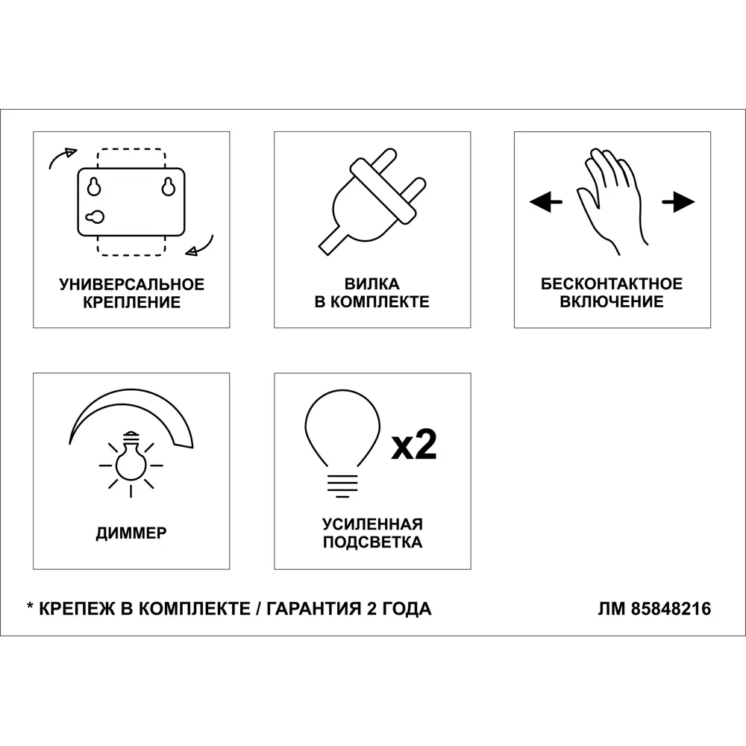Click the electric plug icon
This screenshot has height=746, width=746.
[372, 201]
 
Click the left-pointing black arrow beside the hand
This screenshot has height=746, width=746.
[546, 201]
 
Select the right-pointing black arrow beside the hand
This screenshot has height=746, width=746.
[678, 201]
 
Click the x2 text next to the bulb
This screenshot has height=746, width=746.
[414, 445]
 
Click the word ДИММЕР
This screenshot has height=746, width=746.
[131, 533]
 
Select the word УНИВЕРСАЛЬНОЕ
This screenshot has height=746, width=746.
[132, 284]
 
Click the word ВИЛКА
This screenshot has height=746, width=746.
[372, 283]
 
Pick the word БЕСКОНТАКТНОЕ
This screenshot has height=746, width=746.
[612, 283]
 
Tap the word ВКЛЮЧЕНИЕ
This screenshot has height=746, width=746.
[612, 301]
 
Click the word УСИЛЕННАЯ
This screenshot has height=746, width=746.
[372, 524]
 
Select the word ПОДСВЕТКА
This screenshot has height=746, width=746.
[372, 542]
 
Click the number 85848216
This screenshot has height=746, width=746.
[671, 609]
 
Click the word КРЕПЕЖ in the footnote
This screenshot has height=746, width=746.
[77, 609]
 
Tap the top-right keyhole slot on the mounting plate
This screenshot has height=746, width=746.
[169, 187]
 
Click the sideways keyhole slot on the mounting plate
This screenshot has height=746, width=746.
[95, 217]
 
